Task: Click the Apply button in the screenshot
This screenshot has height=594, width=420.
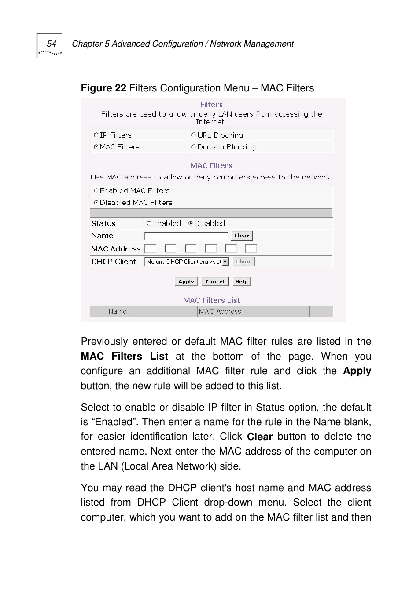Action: click(186, 282)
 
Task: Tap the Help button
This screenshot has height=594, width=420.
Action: click(241, 282)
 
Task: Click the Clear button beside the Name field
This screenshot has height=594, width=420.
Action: click(242, 236)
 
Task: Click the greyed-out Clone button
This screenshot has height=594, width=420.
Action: click(243, 262)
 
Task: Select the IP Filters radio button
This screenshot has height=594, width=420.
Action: click(96, 135)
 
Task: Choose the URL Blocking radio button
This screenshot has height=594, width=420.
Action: click(193, 135)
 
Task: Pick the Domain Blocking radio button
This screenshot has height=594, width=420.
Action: click(193, 147)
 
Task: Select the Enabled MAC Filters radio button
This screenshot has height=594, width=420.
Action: click(96, 191)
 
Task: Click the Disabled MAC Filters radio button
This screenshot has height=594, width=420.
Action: click(96, 203)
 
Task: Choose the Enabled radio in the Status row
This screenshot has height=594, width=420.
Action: click(149, 223)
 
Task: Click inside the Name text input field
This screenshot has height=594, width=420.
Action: click(186, 236)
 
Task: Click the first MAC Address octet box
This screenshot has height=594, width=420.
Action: click(150, 249)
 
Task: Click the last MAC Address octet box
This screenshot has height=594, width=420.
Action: click(251, 249)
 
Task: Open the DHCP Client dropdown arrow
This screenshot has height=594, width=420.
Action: click(225, 262)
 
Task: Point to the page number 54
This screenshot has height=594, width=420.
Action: click(52, 44)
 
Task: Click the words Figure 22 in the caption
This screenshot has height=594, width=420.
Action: click(103, 88)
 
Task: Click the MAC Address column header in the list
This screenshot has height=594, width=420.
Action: click(220, 312)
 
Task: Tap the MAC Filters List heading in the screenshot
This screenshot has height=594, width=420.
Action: click(211, 300)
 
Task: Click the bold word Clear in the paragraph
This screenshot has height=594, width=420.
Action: click(260, 437)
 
